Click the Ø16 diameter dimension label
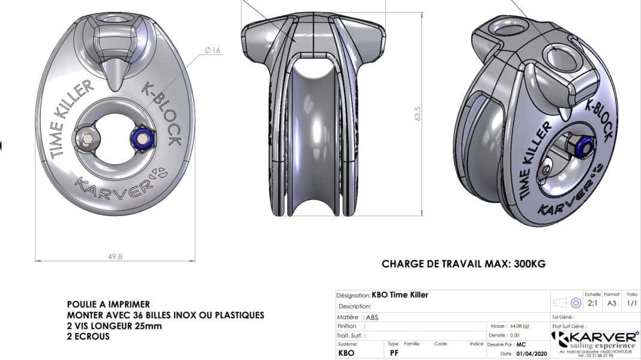coord(213,50)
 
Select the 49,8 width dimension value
coord(115,256)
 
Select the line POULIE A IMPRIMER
coord(108,305)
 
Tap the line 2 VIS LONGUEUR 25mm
coord(114,326)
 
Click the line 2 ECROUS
coord(88,337)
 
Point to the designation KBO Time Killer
coord(400,295)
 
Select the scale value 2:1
coord(592,304)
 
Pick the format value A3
coord(612,304)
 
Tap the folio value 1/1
coord(631,304)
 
